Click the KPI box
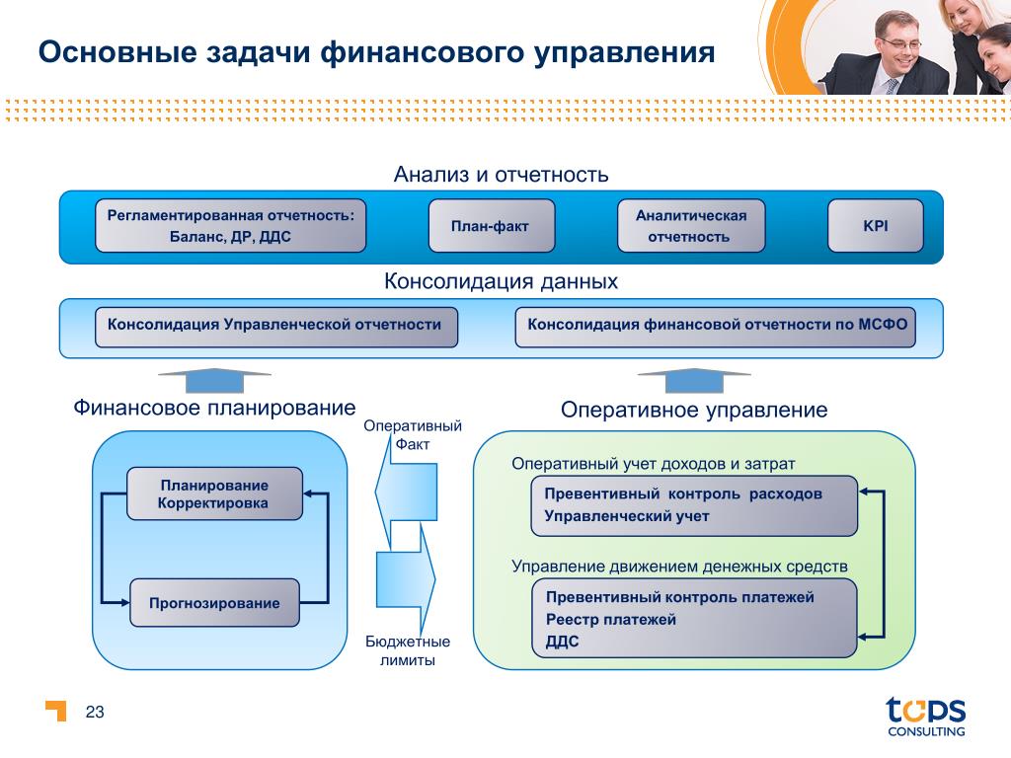pyautogui.click(x=875, y=226)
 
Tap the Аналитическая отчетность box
pyautogui.click(x=691, y=226)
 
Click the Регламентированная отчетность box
pyautogui.click(x=230, y=226)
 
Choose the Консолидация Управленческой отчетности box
pyautogui.click(x=275, y=327)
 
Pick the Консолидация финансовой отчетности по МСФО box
pyautogui.click(x=716, y=327)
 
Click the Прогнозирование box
pyautogui.click(x=214, y=603)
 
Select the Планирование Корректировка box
pyautogui.click(x=214, y=493)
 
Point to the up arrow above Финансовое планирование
pyautogui.click(x=214, y=380)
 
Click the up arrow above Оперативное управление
pyautogui.click(x=694, y=380)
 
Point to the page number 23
pyautogui.click(x=96, y=713)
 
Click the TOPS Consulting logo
pyautogui.click(x=924, y=716)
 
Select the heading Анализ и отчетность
pyautogui.click(x=501, y=176)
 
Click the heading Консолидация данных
pyautogui.click(x=501, y=282)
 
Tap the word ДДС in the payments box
pyautogui.click(x=562, y=642)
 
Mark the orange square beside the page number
pyautogui.click(x=57, y=711)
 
